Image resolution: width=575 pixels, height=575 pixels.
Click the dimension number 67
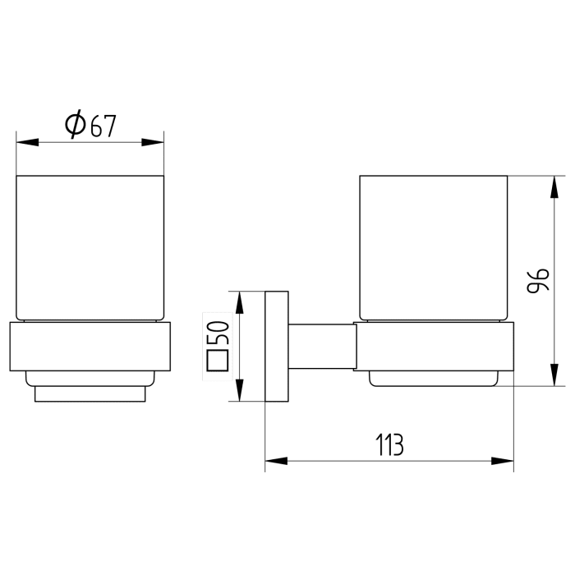(x=103, y=126)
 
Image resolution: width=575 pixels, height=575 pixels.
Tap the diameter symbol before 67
(x=74, y=125)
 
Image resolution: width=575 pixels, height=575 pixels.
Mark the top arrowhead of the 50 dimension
(x=239, y=302)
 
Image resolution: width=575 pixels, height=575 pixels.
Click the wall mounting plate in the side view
(x=276, y=346)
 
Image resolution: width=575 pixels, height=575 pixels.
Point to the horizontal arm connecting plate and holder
(x=321, y=346)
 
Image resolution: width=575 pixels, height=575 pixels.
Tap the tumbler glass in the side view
(x=433, y=246)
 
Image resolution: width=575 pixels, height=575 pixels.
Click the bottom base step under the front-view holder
(x=90, y=393)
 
